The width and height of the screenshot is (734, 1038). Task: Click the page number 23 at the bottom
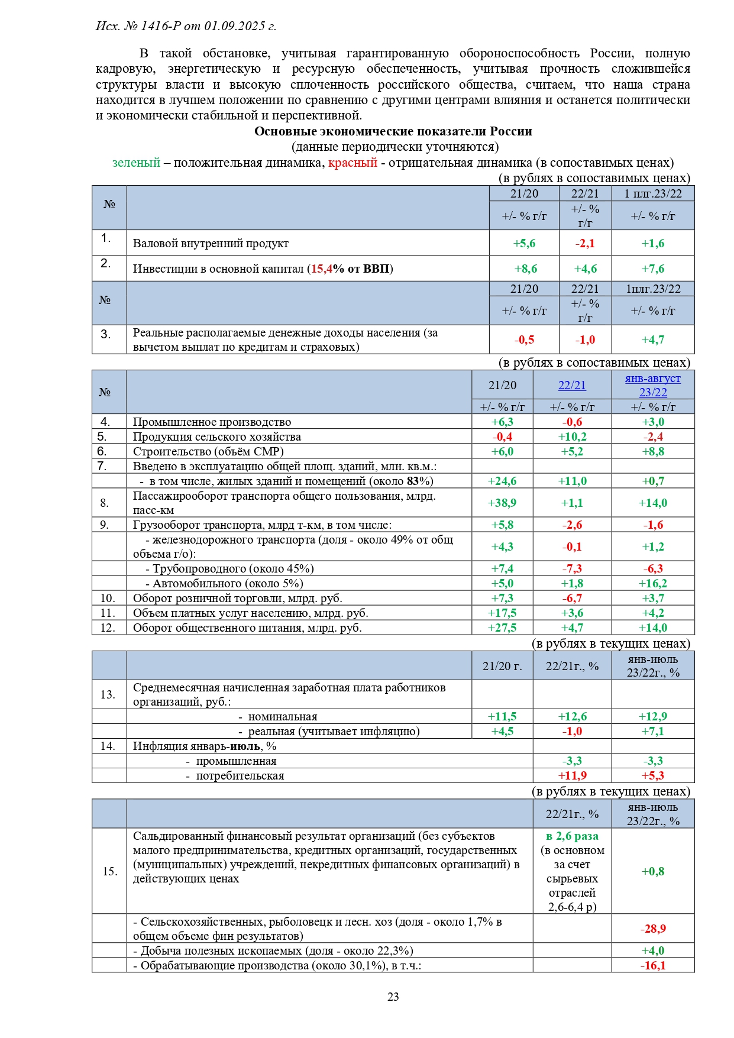[x=393, y=997]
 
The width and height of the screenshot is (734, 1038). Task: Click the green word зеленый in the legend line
[x=136, y=163]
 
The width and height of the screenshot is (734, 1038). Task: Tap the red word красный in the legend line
[x=353, y=163]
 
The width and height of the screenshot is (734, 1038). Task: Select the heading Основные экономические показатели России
[x=393, y=131]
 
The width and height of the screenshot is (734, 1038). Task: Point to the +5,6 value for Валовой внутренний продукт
[x=524, y=243]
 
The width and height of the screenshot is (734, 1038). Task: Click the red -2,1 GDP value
[x=585, y=243]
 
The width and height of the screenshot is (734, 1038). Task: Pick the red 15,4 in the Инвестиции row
[x=321, y=269]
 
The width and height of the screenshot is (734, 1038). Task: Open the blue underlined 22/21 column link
[x=572, y=385]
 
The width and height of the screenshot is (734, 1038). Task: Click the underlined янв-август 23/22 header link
[x=653, y=385]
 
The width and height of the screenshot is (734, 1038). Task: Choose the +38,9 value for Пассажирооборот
[x=502, y=503]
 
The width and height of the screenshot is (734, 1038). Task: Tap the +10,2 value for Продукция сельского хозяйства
[x=572, y=436]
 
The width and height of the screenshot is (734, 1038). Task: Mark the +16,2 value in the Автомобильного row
[x=653, y=583]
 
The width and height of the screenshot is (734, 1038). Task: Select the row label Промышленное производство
[x=212, y=422]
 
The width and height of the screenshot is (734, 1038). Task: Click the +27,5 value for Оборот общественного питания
[x=502, y=628]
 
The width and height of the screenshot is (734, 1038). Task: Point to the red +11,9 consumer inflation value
[x=572, y=775]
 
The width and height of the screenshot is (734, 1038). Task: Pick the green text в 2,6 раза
[x=572, y=836]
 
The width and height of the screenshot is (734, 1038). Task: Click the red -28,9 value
[x=653, y=929]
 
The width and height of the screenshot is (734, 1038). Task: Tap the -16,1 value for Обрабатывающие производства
[x=653, y=965]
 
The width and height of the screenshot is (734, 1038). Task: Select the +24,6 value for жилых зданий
[x=502, y=481]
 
